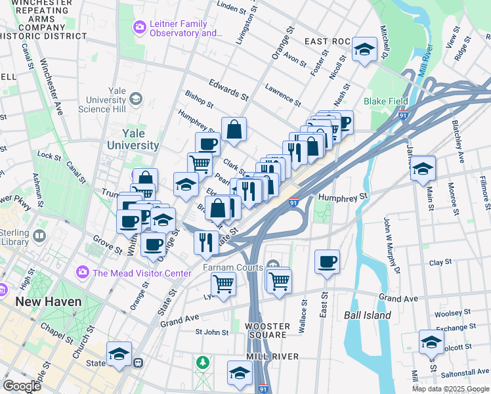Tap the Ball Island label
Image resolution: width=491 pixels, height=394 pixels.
click(368, 315)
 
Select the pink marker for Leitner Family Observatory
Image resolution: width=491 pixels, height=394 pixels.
click(139, 28)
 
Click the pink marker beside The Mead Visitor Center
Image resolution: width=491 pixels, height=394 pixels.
click(83, 271)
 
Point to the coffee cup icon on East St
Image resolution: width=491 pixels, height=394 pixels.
click(327, 263)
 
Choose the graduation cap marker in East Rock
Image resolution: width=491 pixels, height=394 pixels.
click(364, 50)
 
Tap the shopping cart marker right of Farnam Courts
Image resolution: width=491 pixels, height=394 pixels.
click(280, 280)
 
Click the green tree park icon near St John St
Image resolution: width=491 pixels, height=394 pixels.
click(203, 362)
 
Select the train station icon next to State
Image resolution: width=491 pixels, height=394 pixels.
click(139, 362)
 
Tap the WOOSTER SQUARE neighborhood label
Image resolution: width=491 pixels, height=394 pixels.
click(266, 330)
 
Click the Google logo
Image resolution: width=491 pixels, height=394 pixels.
click(21, 386)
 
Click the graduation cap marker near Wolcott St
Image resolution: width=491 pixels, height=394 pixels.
click(431, 342)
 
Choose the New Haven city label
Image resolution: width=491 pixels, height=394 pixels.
click(49, 302)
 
